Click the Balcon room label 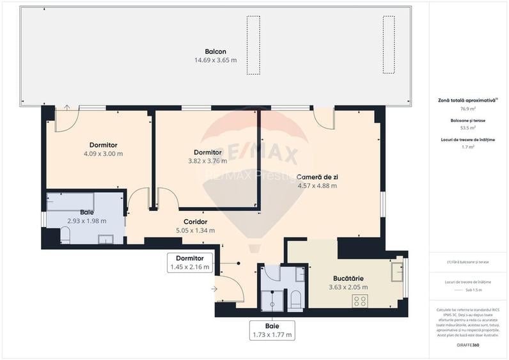coord(215,52)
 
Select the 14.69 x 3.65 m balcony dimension coord(215,60)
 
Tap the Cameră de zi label coord(317,177)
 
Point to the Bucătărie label coord(348,279)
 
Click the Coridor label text coord(195,222)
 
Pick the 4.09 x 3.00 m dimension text coord(103,153)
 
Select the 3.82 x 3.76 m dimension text coord(208,160)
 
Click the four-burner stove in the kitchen coord(360,300)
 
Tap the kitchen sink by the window coord(398,269)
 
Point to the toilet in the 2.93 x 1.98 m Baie coord(65,236)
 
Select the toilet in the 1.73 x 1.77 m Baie coord(295,300)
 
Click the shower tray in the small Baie coord(271,300)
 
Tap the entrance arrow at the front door coord(214,290)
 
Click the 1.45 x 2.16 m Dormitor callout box coord(189,263)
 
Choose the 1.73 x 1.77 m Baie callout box coord(272,330)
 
